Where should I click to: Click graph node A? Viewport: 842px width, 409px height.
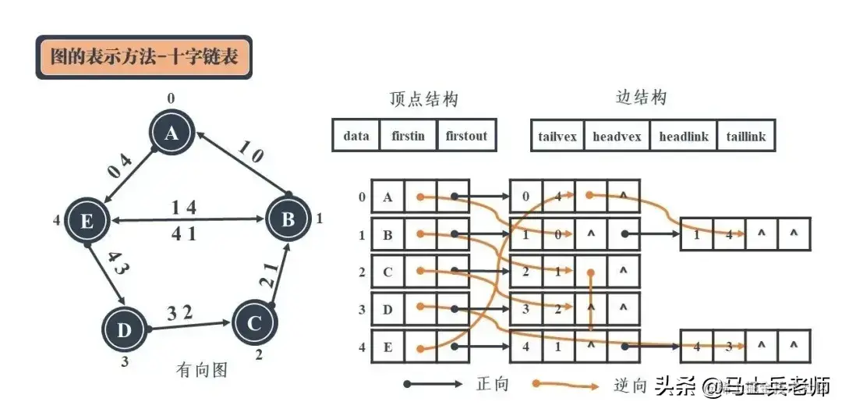[x=172, y=134]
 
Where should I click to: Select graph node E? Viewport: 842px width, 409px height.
[x=87, y=221]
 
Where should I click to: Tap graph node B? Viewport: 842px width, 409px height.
[x=288, y=219]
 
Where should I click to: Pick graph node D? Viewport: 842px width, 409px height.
[x=125, y=330]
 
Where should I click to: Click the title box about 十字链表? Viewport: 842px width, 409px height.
[x=144, y=57]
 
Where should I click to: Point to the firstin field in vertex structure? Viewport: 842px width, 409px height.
[x=409, y=136]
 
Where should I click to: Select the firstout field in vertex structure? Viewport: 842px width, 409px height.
[x=466, y=136]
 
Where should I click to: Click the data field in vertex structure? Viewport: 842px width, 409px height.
[x=356, y=136]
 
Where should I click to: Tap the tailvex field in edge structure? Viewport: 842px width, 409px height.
[x=557, y=137]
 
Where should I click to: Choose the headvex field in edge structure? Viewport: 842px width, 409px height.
[x=617, y=137]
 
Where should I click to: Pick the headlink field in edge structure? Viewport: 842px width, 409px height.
[x=684, y=137]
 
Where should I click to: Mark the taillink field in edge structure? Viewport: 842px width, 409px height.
[x=746, y=137]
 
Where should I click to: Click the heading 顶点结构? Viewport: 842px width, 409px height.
[x=423, y=99]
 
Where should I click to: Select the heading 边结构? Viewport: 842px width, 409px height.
[x=642, y=98]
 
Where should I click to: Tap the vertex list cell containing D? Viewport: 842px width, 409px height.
[x=387, y=309]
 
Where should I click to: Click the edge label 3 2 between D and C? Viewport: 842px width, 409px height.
[x=181, y=313]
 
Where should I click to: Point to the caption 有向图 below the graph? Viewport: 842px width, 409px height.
[x=202, y=369]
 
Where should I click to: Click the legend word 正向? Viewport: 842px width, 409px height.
[x=492, y=384]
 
